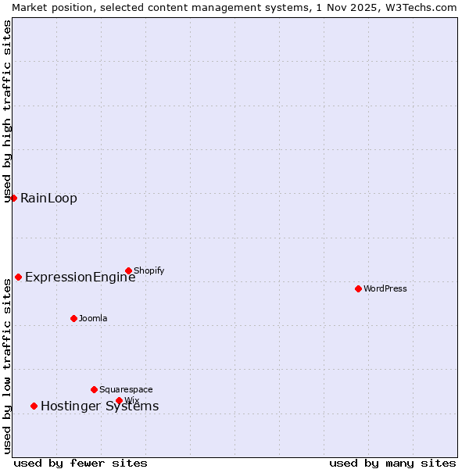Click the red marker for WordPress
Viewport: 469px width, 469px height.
click(x=358, y=288)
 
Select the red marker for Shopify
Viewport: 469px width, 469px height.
click(x=128, y=270)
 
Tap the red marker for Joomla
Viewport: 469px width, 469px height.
click(x=73, y=318)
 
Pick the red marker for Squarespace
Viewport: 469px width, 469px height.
click(x=94, y=389)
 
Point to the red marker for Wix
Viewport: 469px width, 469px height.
click(x=119, y=400)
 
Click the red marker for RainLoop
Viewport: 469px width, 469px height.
click(x=13, y=198)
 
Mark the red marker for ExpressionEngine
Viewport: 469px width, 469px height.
click(x=18, y=277)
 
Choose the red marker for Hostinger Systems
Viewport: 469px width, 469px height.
click(x=34, y=406)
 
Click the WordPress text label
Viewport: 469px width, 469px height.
click(x=385, y=288)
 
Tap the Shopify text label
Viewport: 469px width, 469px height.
click(x=149, y=270)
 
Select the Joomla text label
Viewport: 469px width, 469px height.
click(x=93, y=318)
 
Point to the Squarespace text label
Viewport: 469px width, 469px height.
click(x=126, y=389)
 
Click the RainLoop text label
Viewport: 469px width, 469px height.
click(x=48, y=198)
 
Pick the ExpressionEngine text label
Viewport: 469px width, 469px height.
click(x=80, y=277)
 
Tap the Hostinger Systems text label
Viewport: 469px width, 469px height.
click(x=99, y=406)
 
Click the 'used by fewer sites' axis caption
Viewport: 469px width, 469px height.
click(x=81, y=463)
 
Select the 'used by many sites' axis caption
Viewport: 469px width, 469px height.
click(x=392, y=463)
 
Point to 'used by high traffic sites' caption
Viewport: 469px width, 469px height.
click(x=8, y=111)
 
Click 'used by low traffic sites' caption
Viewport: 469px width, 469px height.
click(x=8, y=366)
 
